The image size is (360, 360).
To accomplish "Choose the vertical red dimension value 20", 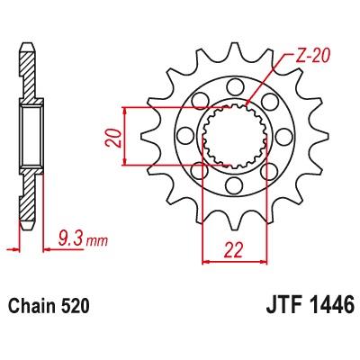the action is coord(113,138).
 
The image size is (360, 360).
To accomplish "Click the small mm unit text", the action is coord(96,241).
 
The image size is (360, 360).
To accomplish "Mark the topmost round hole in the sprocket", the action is coord(234,87).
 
